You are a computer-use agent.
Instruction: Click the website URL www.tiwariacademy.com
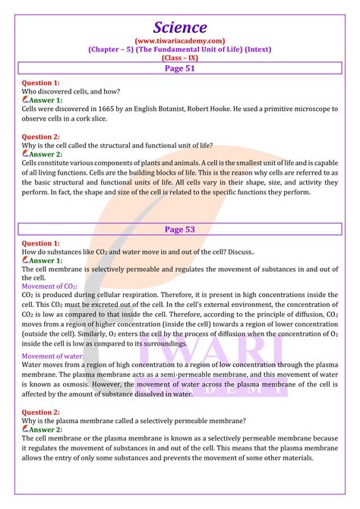pyautogui.click(x=180, y=40)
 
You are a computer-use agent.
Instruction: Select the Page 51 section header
pyautogui.click(x=180, y=66)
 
